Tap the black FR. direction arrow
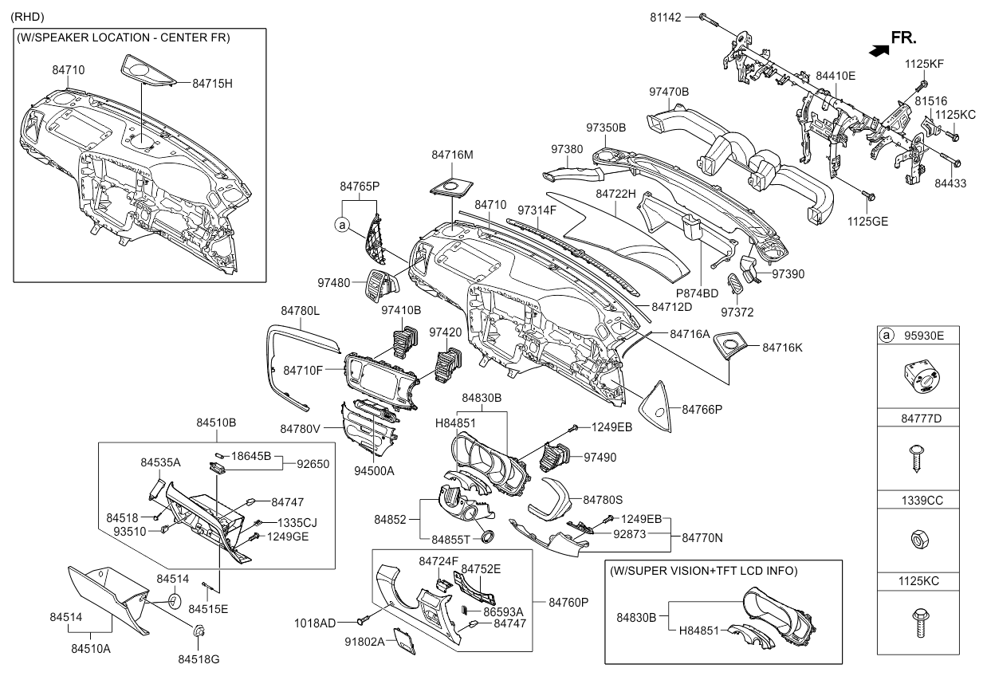[878, 50]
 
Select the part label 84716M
[452, 154]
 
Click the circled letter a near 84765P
[342, 226]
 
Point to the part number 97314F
[537, 210]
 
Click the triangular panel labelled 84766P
[655, 401]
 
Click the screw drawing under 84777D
[915, 458]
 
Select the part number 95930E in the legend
[923, 336]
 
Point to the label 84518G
[198, 659]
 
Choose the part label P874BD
[697, 293]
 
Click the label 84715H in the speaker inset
[211, 82]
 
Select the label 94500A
[374, 470]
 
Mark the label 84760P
[568, 603]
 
